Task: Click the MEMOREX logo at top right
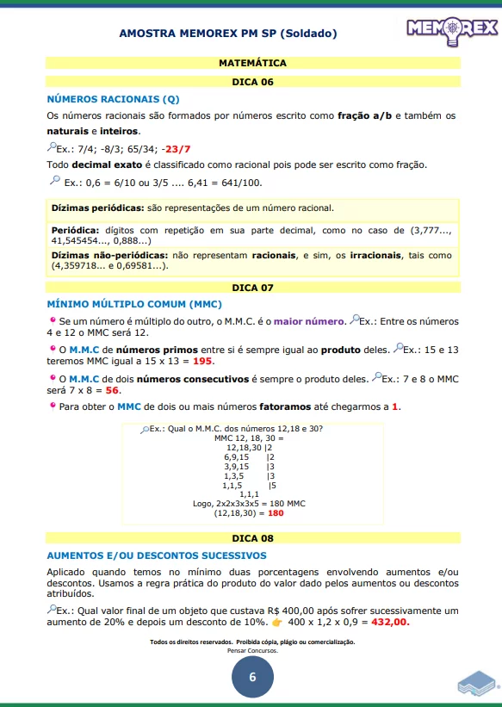(452, 29)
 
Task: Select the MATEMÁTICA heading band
(252, 63)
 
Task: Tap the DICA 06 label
(252, 82)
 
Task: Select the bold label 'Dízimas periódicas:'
(97, 208)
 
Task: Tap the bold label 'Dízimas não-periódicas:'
(109, 256)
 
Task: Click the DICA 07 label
(252, 287)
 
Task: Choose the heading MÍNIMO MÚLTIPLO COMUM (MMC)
(133, 304)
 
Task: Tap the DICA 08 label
(252, 538)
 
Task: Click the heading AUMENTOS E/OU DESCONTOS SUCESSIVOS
(156, 555)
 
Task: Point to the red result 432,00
(390, 622)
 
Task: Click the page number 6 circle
(252, 677)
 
